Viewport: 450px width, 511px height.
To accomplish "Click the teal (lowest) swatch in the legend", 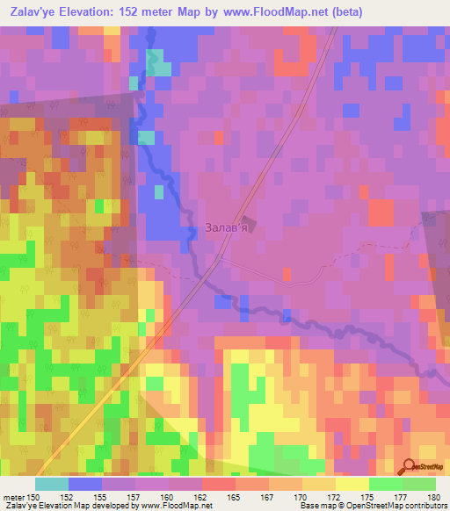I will tap(52, 484).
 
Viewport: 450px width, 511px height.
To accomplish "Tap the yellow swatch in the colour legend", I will tap(352, 484).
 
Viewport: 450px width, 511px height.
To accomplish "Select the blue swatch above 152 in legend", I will tap(85, 484).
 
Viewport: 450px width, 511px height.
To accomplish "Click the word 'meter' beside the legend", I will tap(13, 497).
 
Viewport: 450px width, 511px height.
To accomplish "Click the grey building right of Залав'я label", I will tap(248, 226).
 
